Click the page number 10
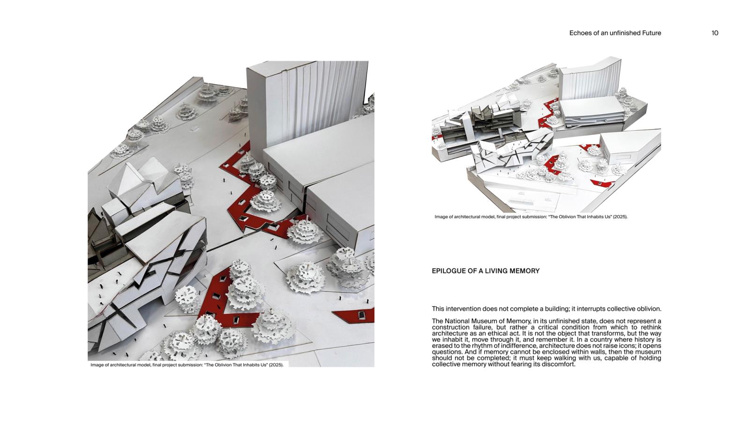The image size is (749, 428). coord(714,33)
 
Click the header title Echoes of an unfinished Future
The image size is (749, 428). coord(615,33)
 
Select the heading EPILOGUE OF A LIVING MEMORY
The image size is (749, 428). coord(485,271)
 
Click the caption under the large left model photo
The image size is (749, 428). coord(187,365)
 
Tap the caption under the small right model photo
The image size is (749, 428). coord(531,217)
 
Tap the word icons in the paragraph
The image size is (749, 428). coord(627,346)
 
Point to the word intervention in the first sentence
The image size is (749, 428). coord(464,309)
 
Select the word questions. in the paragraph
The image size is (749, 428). coord(447,352)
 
